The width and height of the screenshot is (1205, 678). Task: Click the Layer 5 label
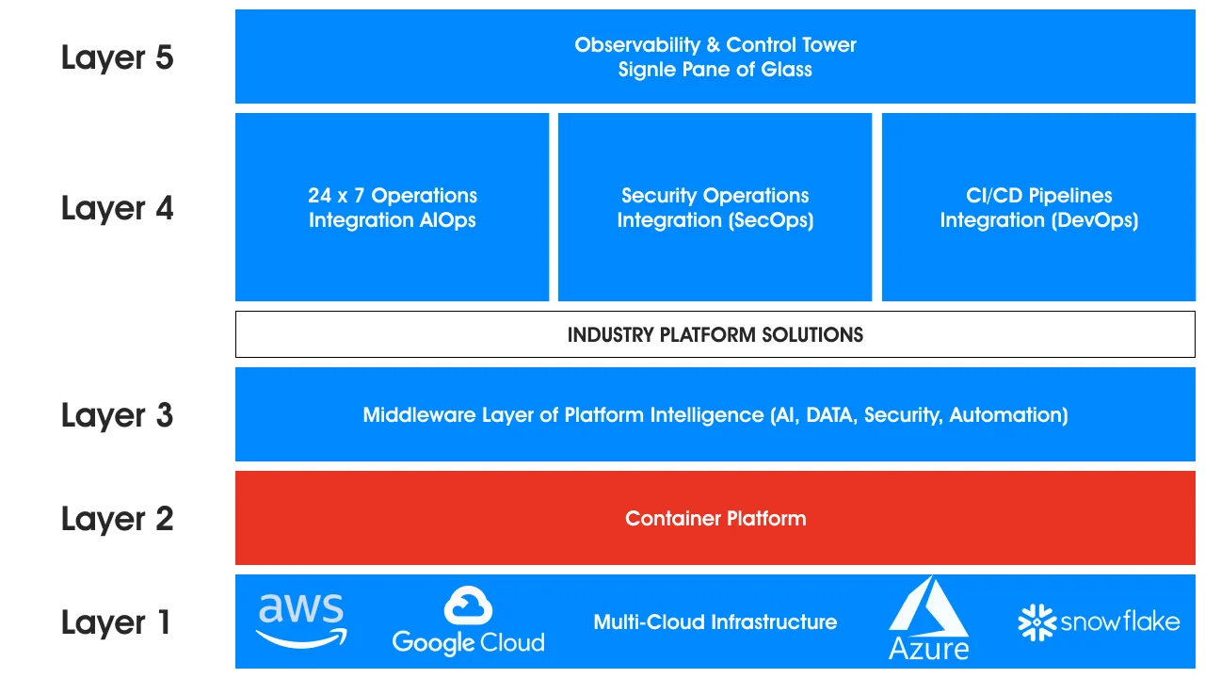click(117, 57)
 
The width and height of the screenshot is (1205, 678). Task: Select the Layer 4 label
click(117, 208)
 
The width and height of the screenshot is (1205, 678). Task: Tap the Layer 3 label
click(117, 415)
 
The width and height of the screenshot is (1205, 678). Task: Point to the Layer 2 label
click(117, 519)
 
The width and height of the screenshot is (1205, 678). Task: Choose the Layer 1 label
click(117, 622)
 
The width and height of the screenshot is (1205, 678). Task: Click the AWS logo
click(301, 620)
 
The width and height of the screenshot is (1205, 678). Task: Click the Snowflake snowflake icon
click(1036, 622)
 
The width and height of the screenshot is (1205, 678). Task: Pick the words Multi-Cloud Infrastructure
click(715, 622)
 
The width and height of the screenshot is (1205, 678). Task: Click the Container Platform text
click(715, 519)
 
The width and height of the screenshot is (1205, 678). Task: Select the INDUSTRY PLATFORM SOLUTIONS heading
click(715, 335)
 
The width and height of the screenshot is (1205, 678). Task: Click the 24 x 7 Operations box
click(393, 207)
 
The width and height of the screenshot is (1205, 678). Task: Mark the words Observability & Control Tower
click(715, 45)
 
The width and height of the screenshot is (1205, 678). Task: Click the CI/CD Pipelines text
click(1039, 196)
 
